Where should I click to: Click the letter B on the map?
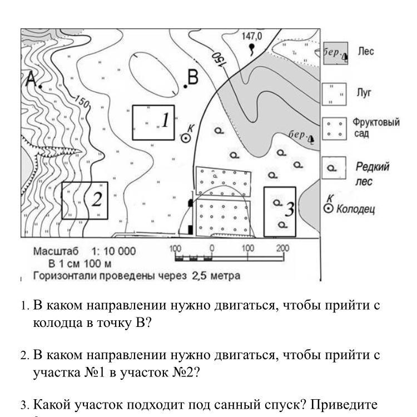coord(193,78)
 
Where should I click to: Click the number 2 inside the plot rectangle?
coord(97,199)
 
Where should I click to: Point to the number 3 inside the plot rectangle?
coord(289,209)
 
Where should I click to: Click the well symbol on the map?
coord(186,137)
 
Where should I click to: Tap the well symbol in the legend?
coord(329,209)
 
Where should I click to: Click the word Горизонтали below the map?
coord(64,275)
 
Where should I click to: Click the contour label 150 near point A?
coord(82,102)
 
